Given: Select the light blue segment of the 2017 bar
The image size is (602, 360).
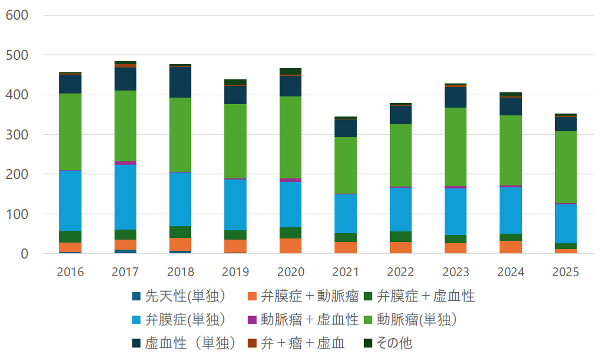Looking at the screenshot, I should tap(125, 197).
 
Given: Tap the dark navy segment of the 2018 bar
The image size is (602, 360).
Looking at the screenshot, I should tap(180, 82).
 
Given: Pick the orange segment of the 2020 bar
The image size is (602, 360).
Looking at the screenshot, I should tap(290, 246).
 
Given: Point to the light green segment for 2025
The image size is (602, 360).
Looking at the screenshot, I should tap(566, 167).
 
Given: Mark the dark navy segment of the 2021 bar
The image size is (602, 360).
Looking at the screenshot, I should tap(346, 128).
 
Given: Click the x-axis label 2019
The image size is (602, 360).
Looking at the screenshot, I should tap(235, 272).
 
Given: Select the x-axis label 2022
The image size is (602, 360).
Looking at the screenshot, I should tap(401, 272).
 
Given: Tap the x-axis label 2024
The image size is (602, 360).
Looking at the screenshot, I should tap(511, 272).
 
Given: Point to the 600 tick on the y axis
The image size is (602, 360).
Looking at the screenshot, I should tap(17, 15).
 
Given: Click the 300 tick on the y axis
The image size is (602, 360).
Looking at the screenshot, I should tap(17, 135).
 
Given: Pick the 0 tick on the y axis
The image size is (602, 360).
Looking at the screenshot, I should tap(23, 254).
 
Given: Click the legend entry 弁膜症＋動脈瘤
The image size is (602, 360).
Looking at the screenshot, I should tap(310, 296).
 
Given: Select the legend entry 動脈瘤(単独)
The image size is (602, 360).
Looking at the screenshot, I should tap(416, 320).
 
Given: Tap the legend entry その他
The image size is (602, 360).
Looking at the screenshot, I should tap(395, 343).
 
